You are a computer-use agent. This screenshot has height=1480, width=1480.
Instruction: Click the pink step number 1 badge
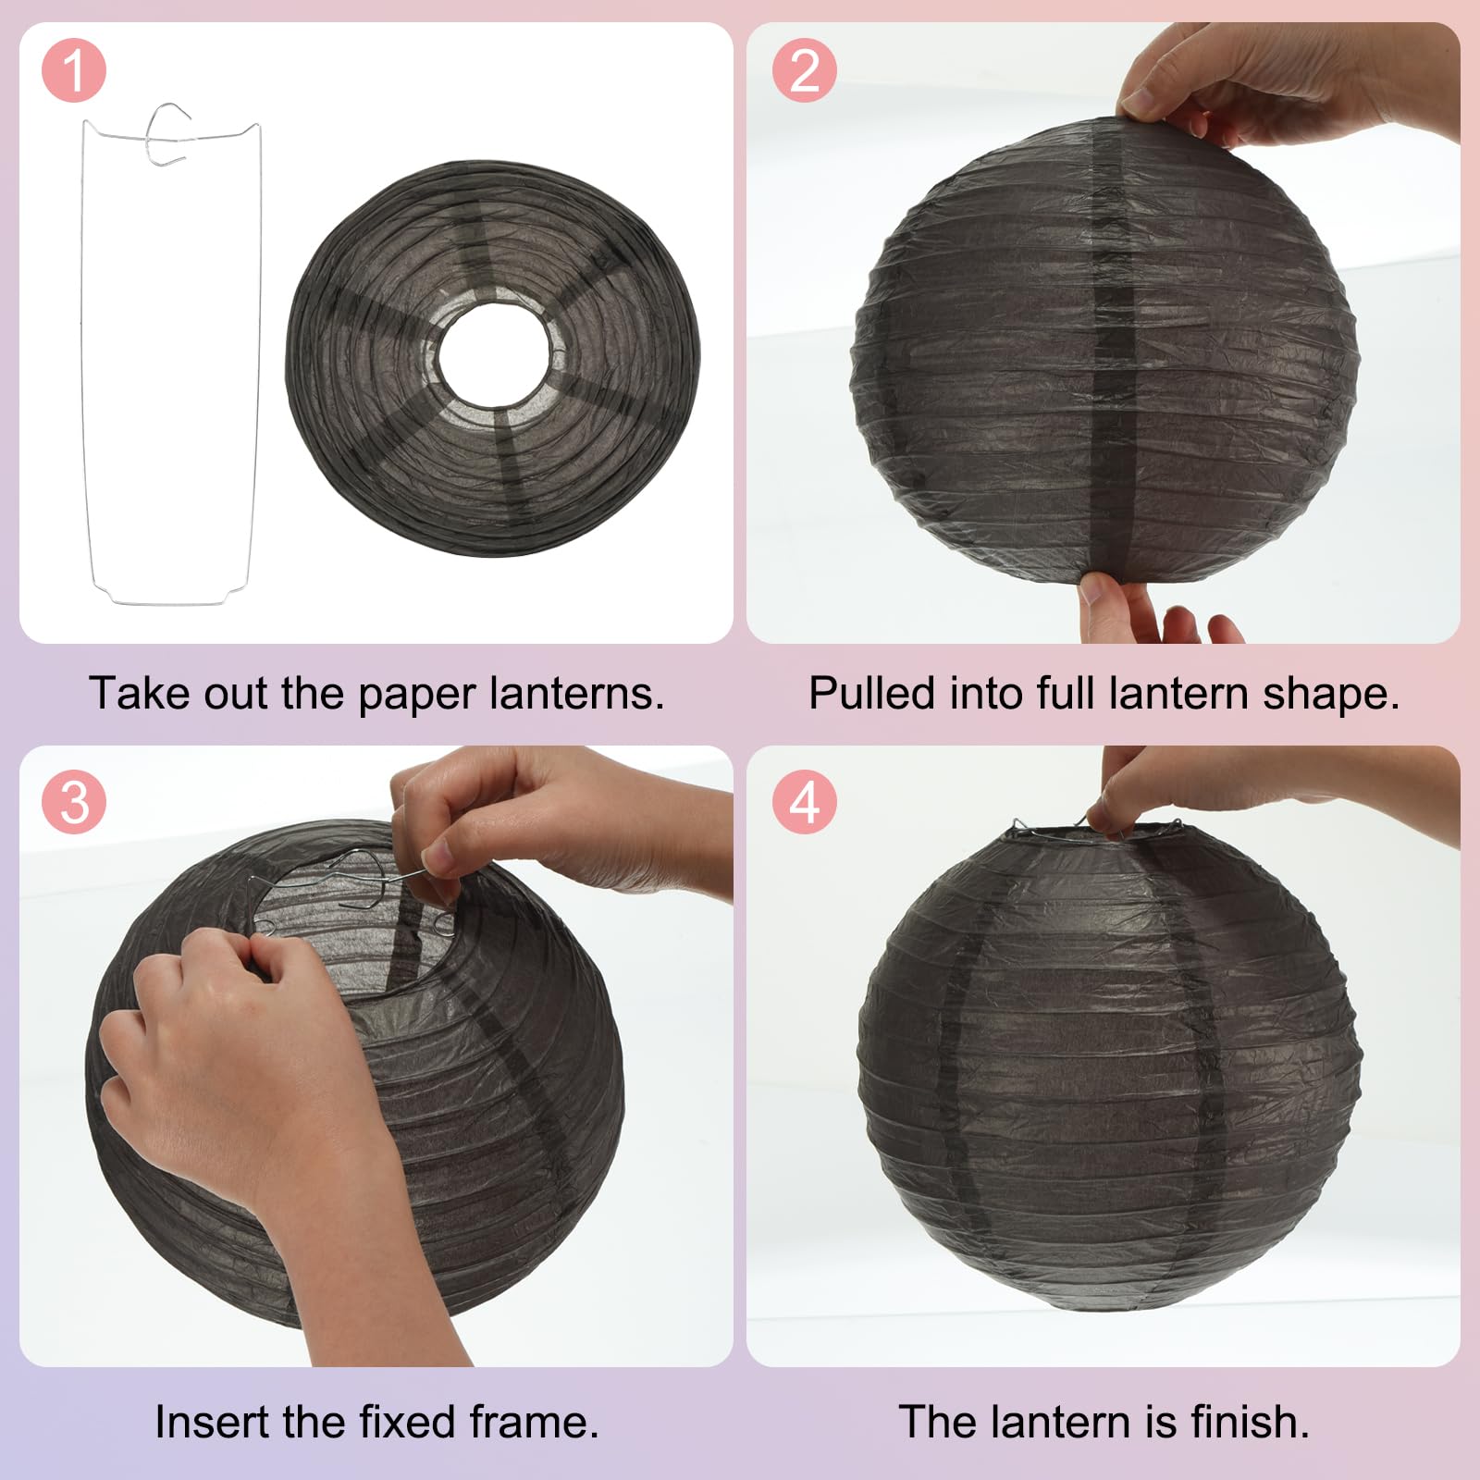[x=74, y=71]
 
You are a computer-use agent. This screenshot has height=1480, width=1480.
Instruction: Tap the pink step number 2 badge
[x=805, y=71]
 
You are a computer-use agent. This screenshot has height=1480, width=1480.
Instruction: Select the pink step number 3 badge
[x=74, y=802]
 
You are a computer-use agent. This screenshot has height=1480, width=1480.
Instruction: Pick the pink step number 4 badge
[x=805, y=802]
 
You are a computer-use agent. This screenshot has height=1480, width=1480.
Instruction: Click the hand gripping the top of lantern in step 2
[x=1286, y=83]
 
